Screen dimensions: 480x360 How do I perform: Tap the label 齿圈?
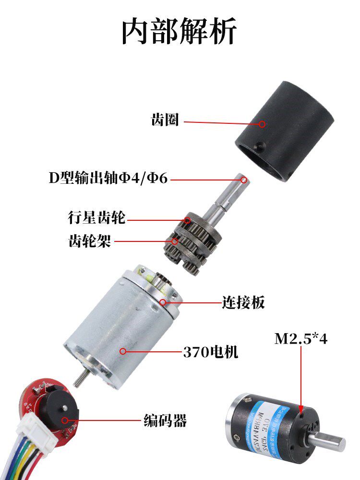click(x=165, y=120)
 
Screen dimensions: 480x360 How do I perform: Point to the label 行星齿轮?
click(x=96, y=218)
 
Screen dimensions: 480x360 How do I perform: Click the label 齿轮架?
click(x=89, y=241)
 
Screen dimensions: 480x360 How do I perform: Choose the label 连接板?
click(x=243, y=303)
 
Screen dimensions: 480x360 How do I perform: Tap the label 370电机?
click(x=210, y=353)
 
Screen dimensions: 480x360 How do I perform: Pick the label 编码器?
click(x=165, y=421)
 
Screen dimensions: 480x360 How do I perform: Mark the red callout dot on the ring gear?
click(x=262, y=124)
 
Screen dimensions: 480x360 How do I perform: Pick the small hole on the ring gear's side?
click(x=259, y=144)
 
